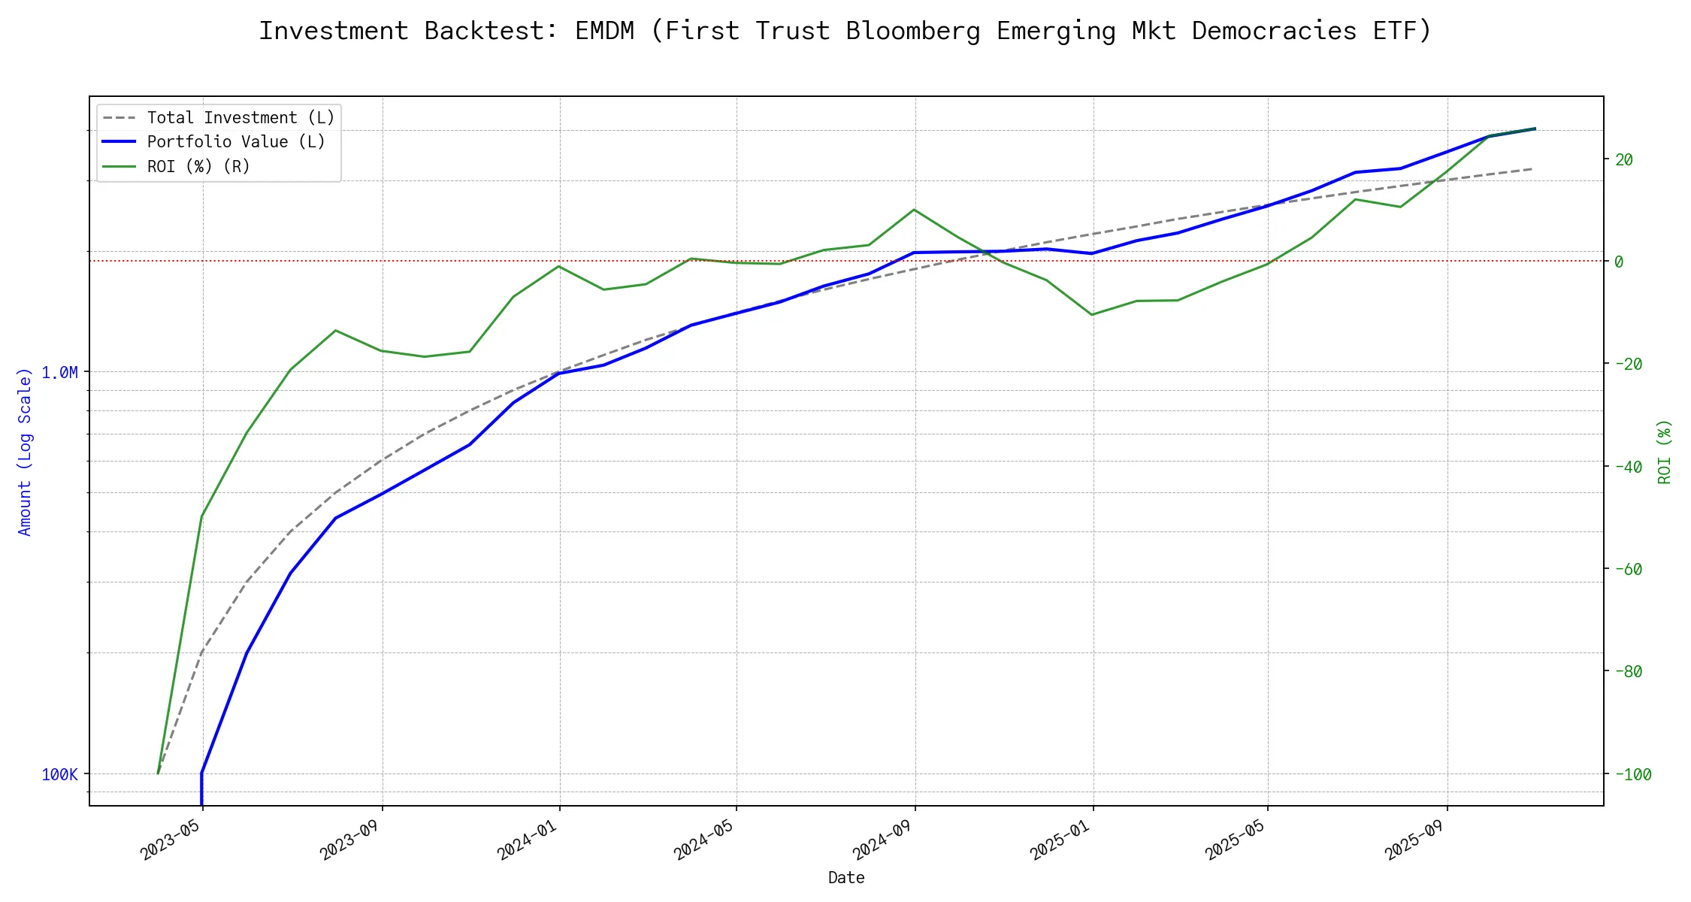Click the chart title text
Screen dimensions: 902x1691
pyautogui.click(x=845, y=32)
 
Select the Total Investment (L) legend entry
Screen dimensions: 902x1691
pyautogui.click(x=240, y=118)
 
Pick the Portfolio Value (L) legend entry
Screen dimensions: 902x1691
pyautogui.click(x=236, y=142)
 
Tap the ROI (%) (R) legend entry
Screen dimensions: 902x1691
pyautogui.click(x=198, y=166)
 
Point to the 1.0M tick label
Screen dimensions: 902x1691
pyautogui.click(x=59, y=373)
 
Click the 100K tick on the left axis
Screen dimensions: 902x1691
pyautogui.click(x=59, y=775)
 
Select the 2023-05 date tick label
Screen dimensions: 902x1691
pyautogui.click(x=171, y=838)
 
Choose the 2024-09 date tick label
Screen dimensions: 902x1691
pyautogui.click(x=882, y=838)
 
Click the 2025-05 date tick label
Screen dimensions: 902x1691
pyautogui.click(x=1235, y=838)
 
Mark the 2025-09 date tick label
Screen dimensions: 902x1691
pyautogui.click(x=1414, y=838)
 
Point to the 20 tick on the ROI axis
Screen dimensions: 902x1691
pyautogui.click(x=1624, y=159)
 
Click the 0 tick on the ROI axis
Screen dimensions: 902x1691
pyautogui.click(x=1619, y=262)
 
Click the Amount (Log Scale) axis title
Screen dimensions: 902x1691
pyautogui.click(x=25, y=451)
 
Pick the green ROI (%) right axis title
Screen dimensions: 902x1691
pyautogui.click(x=1665, y=451)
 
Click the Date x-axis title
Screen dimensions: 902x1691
pyautogui.click(x=846, y=878)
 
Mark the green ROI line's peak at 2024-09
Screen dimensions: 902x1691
pyautogui.click(x=914, y=210)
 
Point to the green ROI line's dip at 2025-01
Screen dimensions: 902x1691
pyautogui.click(x=1092, y=314)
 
